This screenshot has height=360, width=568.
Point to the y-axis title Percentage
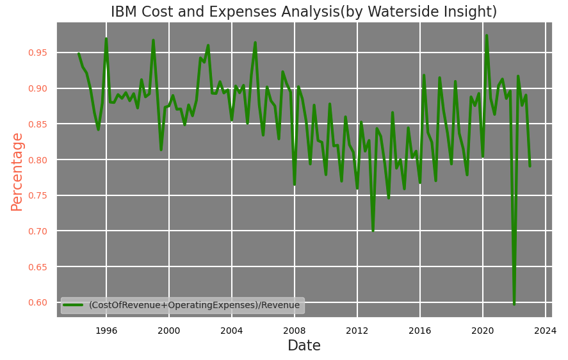17,172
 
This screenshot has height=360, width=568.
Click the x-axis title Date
304,346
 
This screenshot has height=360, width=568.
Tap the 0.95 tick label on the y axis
39,53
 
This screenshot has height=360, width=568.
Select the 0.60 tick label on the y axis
39,302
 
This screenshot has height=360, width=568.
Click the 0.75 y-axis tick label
39,195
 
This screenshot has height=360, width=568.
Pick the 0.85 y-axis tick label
39,124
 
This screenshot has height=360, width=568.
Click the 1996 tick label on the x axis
106,331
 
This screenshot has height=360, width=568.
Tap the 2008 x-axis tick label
295,331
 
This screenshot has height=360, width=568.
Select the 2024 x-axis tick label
546,331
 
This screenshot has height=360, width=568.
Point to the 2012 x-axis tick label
357,331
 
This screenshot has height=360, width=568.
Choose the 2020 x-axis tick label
483,331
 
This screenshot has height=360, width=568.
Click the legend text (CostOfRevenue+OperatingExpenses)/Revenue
194,306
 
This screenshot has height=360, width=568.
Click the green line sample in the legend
74,306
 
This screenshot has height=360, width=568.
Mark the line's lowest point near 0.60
514,304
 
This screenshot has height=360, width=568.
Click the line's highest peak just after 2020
487,36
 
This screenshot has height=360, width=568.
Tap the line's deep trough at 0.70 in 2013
373,230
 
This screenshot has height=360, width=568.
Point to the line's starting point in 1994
79,54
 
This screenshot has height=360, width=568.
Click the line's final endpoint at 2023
530,166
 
